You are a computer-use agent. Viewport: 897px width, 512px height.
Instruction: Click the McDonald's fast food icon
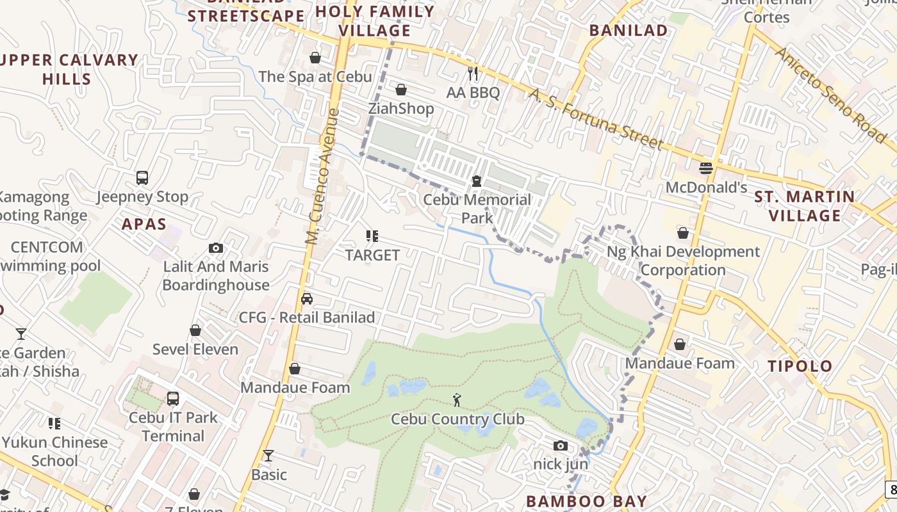coord(706,168)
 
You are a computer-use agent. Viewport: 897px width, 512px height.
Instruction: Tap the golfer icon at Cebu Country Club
coord(457,401)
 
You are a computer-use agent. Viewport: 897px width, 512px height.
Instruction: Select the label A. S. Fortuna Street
coord(595,119)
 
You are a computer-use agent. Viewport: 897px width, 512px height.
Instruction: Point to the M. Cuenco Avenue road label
coord(322,177)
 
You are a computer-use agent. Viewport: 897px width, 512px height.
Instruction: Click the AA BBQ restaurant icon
coord(473,74)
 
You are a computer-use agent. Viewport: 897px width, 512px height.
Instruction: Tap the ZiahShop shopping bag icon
coord(401,90)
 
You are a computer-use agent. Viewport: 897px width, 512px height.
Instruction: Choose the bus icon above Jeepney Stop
coord(142,177)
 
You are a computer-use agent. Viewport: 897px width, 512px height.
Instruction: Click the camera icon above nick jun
coord(560,445)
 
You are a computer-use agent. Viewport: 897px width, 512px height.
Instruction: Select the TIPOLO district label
coord(800,367)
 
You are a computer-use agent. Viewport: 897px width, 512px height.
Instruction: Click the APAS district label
coord(144,225)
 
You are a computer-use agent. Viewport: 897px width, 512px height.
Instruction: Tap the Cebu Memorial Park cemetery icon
coord(476,181)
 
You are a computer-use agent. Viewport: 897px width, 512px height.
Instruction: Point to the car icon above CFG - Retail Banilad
coord(307,299)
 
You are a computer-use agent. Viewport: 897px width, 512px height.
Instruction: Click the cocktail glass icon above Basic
coord(268,456)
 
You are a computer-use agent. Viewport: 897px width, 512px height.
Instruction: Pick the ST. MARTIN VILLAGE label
coord(805,206)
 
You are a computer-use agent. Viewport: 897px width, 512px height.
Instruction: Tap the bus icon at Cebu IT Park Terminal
coord(173,399)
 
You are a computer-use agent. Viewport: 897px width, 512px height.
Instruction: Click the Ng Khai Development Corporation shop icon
coord(683,233)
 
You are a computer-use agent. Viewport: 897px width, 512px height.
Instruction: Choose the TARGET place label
coord(372,255)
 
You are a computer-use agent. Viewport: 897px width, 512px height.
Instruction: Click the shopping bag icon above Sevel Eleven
coord(195,331)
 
